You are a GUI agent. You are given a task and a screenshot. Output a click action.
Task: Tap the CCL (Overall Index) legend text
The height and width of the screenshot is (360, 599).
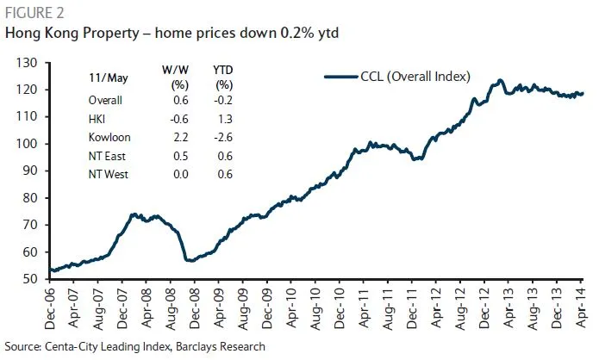click(415, 77)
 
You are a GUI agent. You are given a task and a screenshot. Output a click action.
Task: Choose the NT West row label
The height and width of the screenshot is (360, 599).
click(110, 174)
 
